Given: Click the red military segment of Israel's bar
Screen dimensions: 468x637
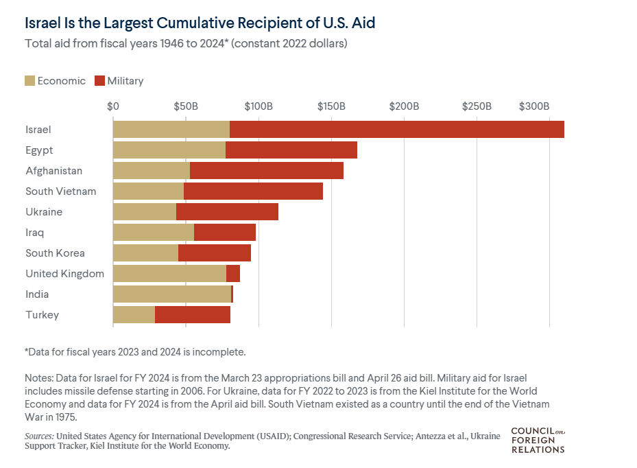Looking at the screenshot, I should point(396,129).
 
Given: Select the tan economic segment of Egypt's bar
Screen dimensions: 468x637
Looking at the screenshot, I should point(169,150).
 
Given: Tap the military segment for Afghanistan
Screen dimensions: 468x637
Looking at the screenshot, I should point(266,170).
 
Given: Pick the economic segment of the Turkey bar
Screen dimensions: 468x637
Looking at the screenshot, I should point(134,315).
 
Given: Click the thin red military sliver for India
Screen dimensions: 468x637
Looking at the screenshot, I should point(232,294).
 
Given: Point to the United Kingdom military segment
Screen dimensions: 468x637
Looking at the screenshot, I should point(233,274).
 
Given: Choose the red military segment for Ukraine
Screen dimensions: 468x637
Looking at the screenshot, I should point(227,212).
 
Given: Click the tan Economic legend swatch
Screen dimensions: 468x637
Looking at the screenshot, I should point(29,81).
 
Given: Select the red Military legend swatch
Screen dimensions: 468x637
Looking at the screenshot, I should point(99,81).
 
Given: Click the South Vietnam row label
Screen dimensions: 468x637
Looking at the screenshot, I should point(60,191).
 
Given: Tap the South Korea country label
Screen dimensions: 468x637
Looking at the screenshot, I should point(55,253).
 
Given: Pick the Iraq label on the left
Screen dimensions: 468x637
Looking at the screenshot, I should point(34,233).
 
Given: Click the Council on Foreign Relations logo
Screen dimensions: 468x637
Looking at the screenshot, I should point(538,440).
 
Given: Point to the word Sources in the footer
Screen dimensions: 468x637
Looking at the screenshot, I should point(39,436).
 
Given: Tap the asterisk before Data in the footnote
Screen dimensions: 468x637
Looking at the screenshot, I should point(27,351).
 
